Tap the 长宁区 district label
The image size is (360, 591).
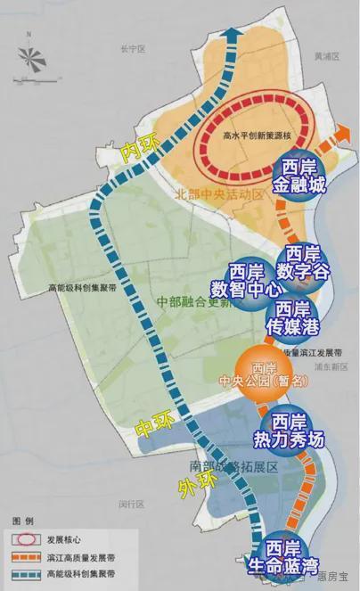coord(119,50)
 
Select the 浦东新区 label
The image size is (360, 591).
coord(329,365)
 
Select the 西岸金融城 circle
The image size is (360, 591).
coord(303,176)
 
